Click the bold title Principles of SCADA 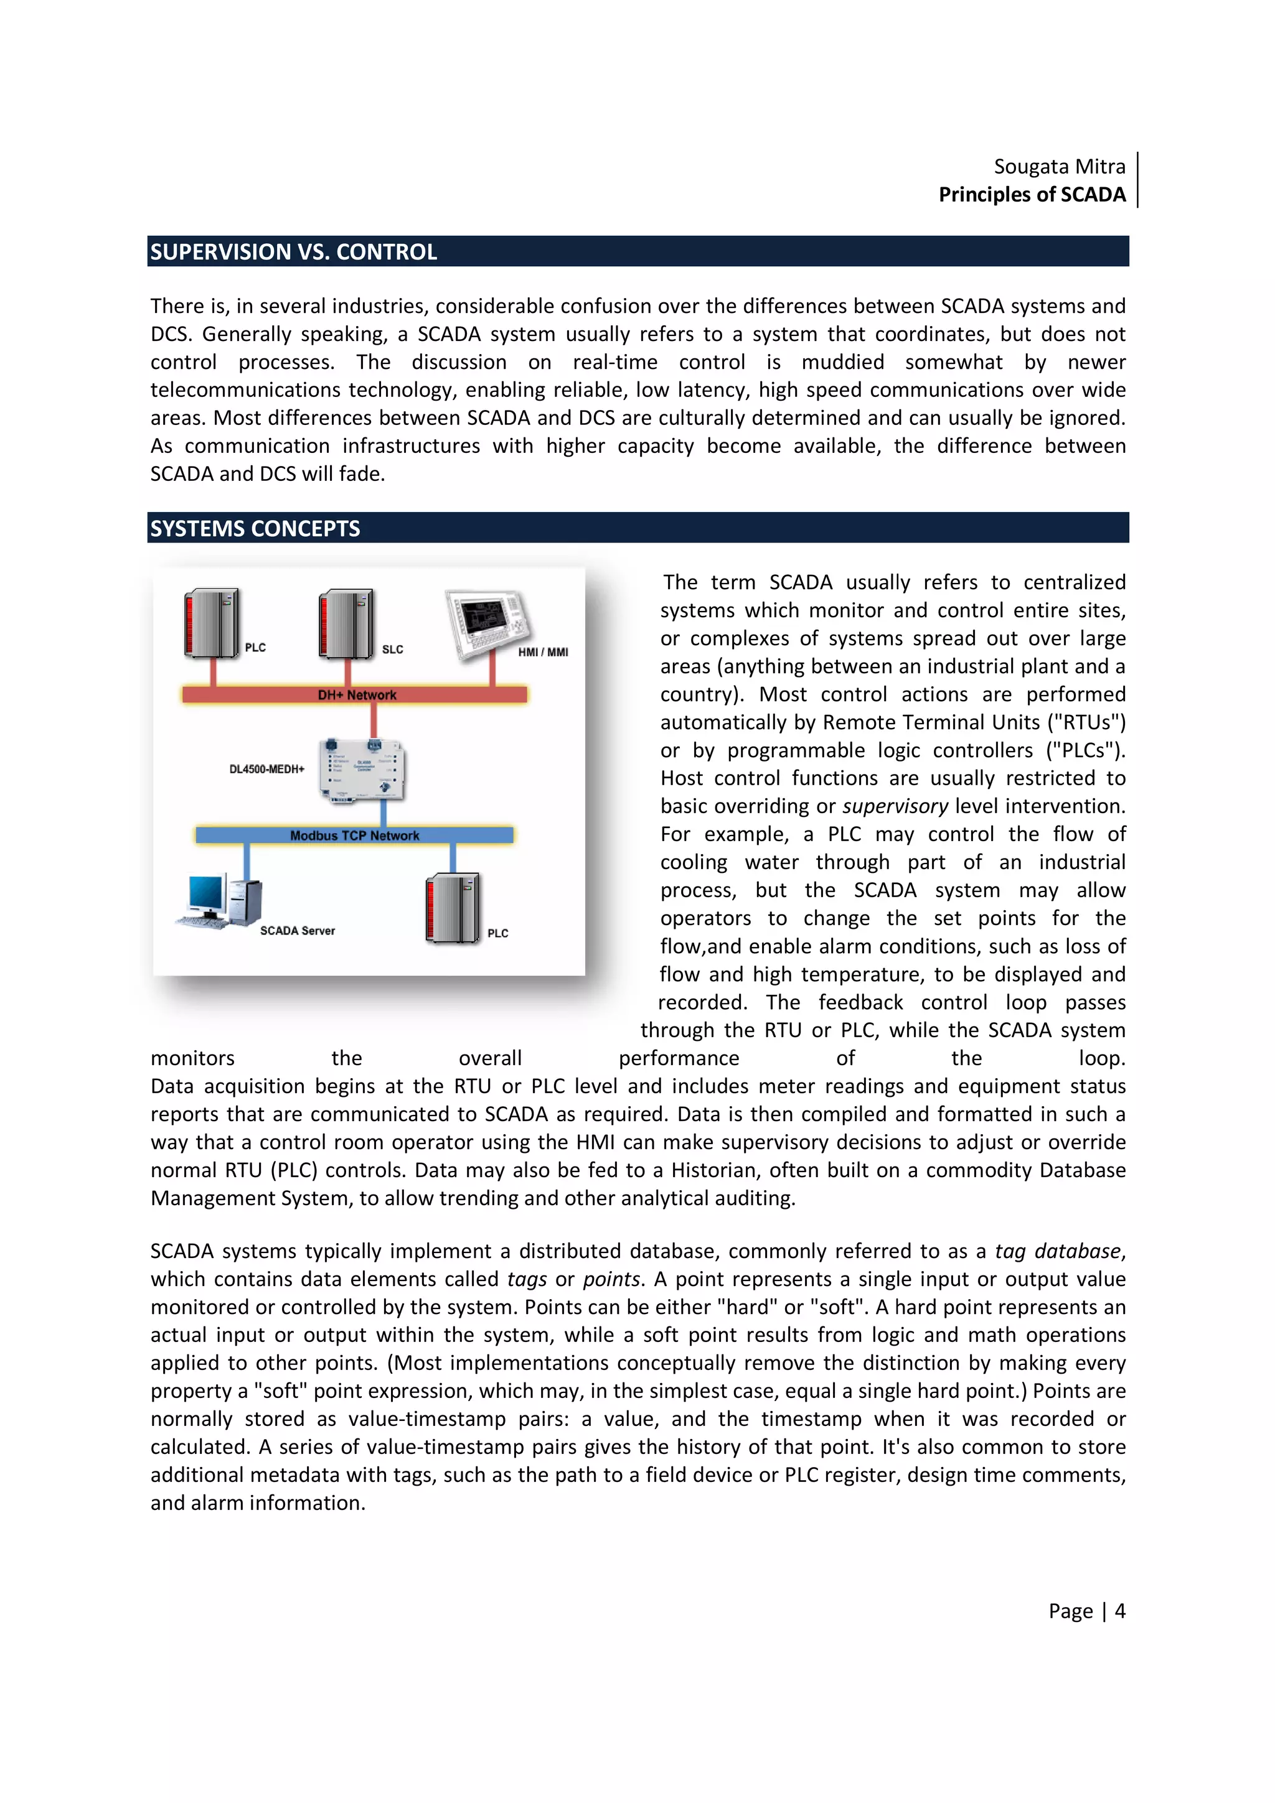(1032, 195)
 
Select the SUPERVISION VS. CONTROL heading (293, 252)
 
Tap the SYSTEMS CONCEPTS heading (255, 528)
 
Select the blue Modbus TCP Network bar (354, 836)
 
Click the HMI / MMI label (542, 652)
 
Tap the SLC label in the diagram (392, 650)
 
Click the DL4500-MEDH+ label (266, 769)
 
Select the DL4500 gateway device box (362, 770)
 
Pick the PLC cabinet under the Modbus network (453, 908)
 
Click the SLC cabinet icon (346, 624)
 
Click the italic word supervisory (895, 806)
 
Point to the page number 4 (1119, 1611)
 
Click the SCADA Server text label (297, 931)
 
